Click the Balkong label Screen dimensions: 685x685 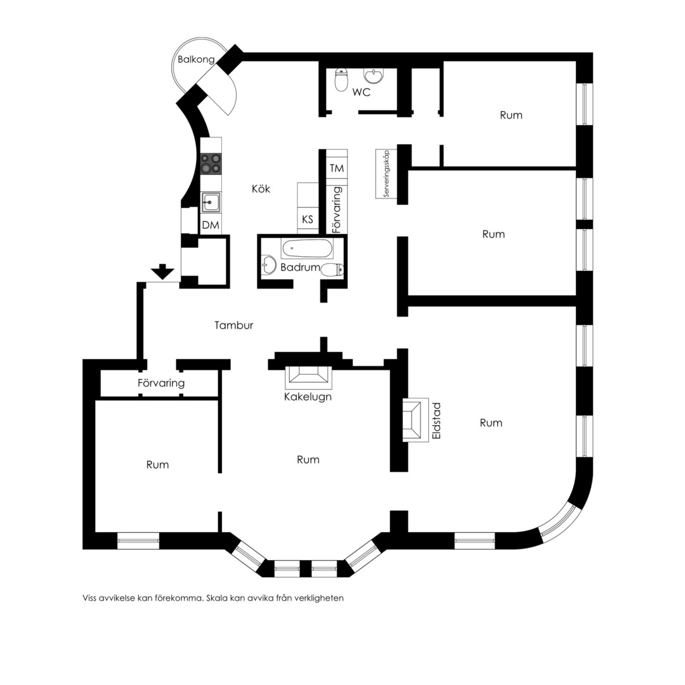196,60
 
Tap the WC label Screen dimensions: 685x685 362,92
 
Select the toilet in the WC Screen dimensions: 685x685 341,79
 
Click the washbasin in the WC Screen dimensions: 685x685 374,75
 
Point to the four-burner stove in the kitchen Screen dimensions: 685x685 211,164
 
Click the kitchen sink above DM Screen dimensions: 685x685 211,202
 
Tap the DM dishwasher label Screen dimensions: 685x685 211,225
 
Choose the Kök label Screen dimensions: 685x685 261,189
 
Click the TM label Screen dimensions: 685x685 337,168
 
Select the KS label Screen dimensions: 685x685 308,219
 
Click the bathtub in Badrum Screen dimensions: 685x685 307,249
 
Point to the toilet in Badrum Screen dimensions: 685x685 333,270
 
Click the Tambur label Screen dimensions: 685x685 233,325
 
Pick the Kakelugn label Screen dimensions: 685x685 308,396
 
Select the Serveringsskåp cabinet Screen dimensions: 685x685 386,174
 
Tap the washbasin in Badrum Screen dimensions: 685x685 268,264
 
